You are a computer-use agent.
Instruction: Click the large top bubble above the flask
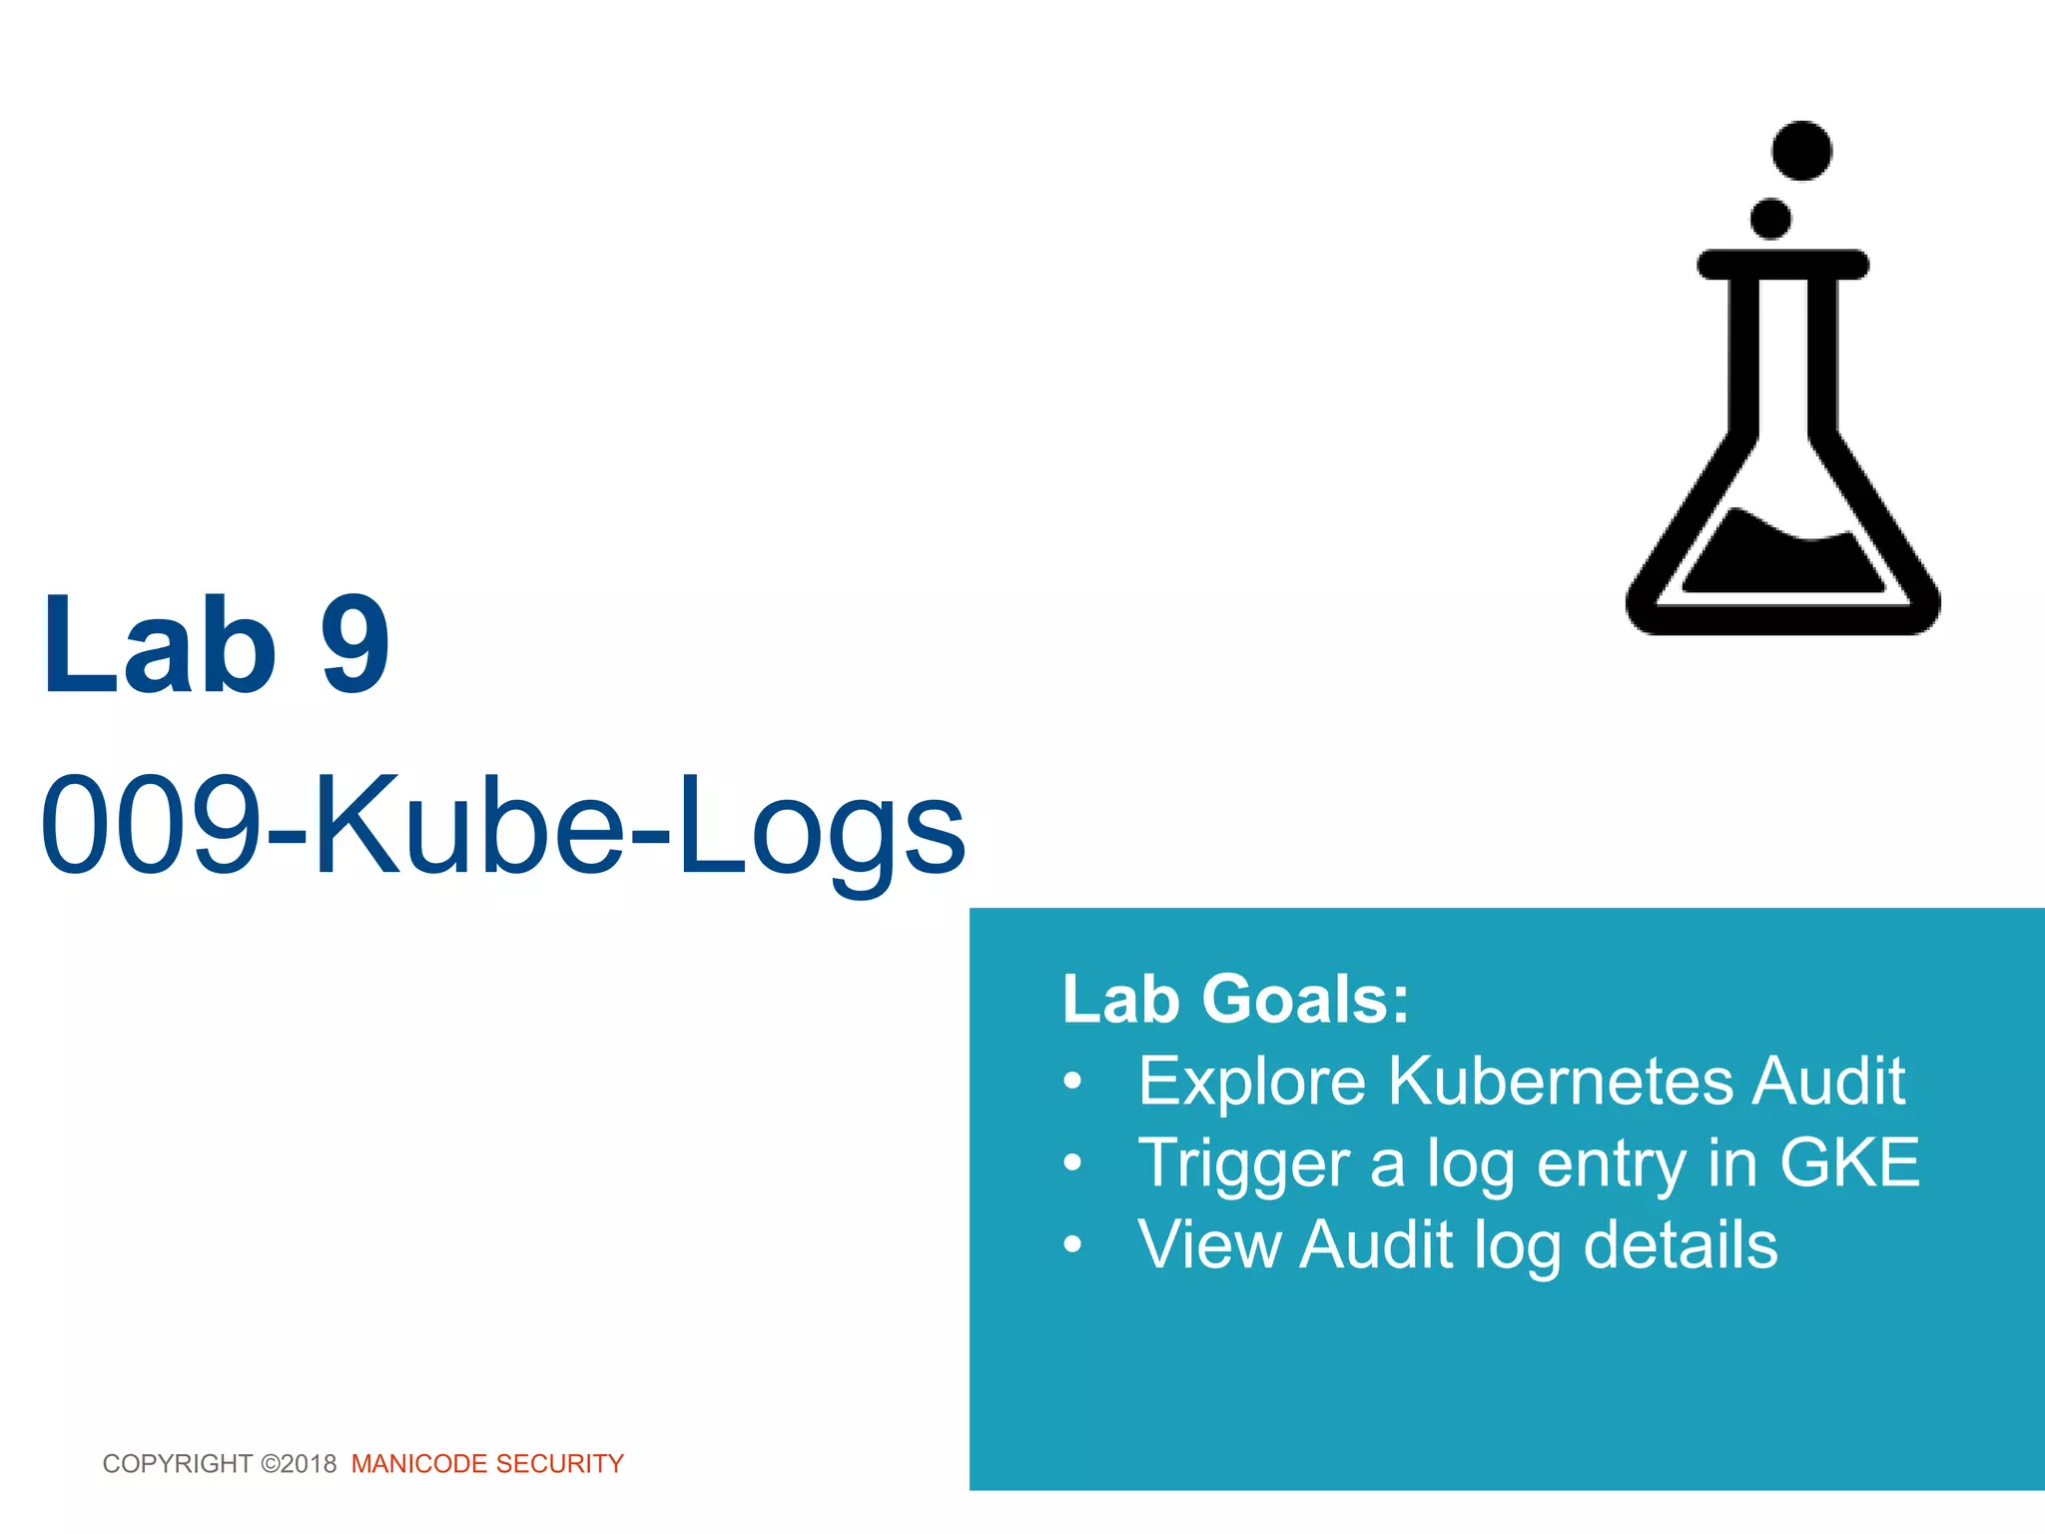(x=1801, y=151)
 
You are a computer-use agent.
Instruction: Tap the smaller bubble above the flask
(x=1770, y=219)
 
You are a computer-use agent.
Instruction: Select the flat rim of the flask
(x=1783, y=265)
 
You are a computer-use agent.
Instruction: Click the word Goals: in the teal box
(x=1305, y=999)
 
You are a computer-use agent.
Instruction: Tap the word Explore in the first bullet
(x=1252, y=1081)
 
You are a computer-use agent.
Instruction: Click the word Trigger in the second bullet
(x=1244, y=1164)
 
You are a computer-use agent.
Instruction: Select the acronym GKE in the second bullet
(x=1849, y=1162)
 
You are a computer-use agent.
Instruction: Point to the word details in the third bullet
(x=1681, y=1244)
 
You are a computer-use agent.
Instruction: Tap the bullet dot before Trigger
(x=1072, y=1162)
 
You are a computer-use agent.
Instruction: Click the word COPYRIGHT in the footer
(x=177, y=1464)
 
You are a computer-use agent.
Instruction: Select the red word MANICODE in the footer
(x=419, y=1464)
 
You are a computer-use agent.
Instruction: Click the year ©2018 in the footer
(x=299, y=1464)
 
